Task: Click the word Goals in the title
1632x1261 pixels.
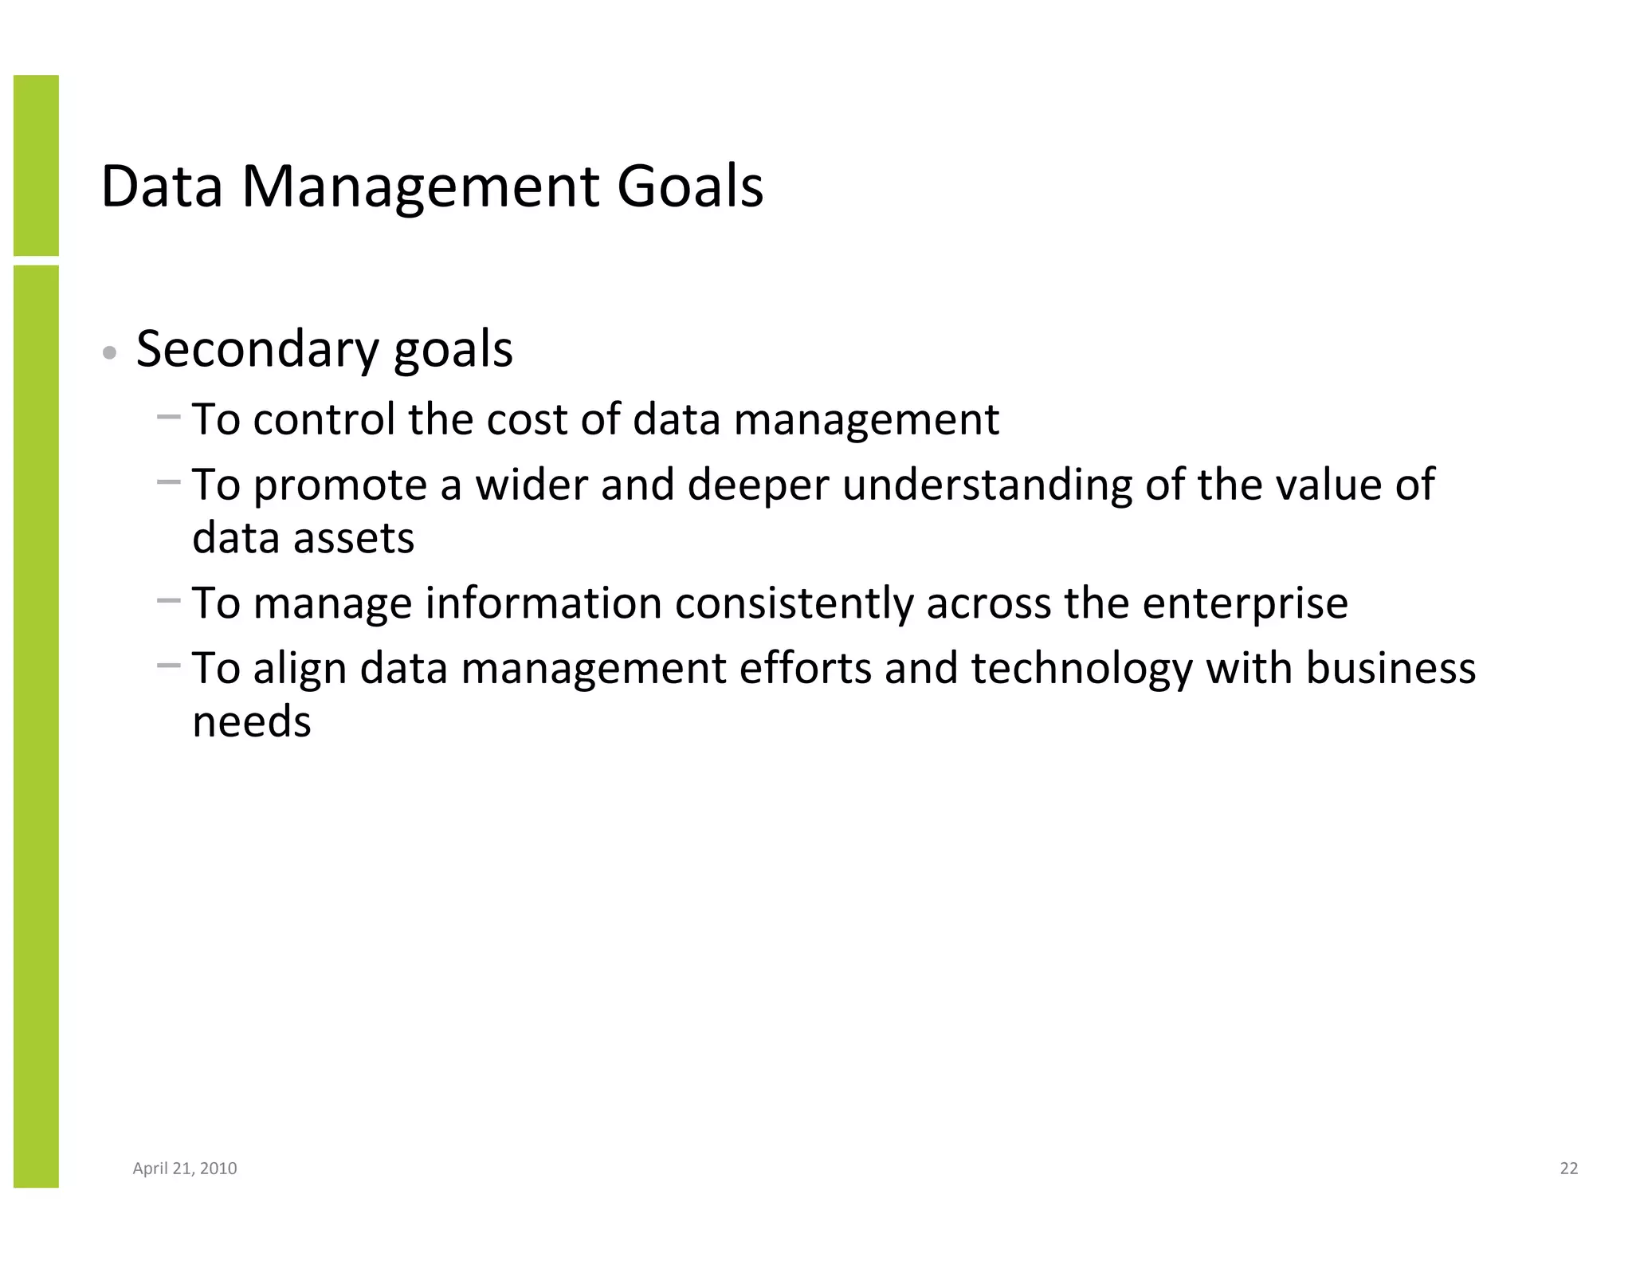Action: [690, 187]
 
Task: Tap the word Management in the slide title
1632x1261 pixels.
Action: [420, 187]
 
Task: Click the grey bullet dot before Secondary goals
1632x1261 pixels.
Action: [111, 353]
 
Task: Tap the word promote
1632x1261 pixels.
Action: [340, 485]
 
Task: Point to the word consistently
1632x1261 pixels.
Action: [794, 603]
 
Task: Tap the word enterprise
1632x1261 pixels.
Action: [1245, 603]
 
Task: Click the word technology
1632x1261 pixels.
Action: [1081, 669]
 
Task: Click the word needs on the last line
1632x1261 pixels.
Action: [252, 722]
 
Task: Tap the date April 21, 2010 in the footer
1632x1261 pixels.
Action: [185, 1169]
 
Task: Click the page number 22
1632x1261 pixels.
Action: [1568, 1169]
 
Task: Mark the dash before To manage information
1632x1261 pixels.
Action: [169, 600]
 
